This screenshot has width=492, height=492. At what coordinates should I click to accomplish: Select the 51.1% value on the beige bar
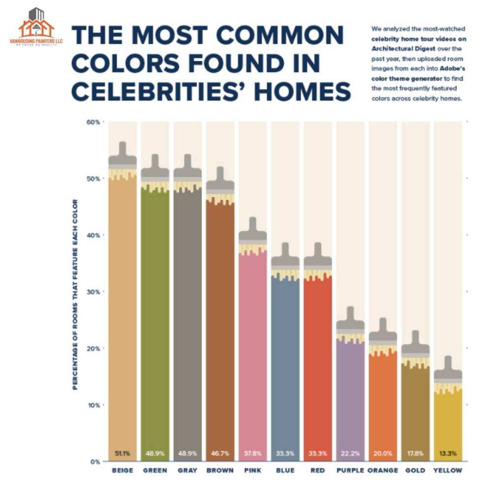pos(123,453)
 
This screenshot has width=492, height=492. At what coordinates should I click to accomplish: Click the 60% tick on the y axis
pos(94,122)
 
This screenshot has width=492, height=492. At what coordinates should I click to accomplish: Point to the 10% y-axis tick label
pos(94,405)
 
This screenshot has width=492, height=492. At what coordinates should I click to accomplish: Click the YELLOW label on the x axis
pos(448,471)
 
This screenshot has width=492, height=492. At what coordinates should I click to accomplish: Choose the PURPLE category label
pos(350,471)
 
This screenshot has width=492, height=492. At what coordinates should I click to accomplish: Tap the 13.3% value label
pos(448,453)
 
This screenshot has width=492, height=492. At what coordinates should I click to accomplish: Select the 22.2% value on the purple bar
pos(350,453)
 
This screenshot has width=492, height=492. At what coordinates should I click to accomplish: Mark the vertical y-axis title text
pos(75,294)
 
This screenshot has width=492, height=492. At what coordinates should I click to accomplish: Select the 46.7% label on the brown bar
pos(220,453)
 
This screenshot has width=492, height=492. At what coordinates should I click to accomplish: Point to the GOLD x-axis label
pos(415,471)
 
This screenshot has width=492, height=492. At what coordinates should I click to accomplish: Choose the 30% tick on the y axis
pos(94,292)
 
